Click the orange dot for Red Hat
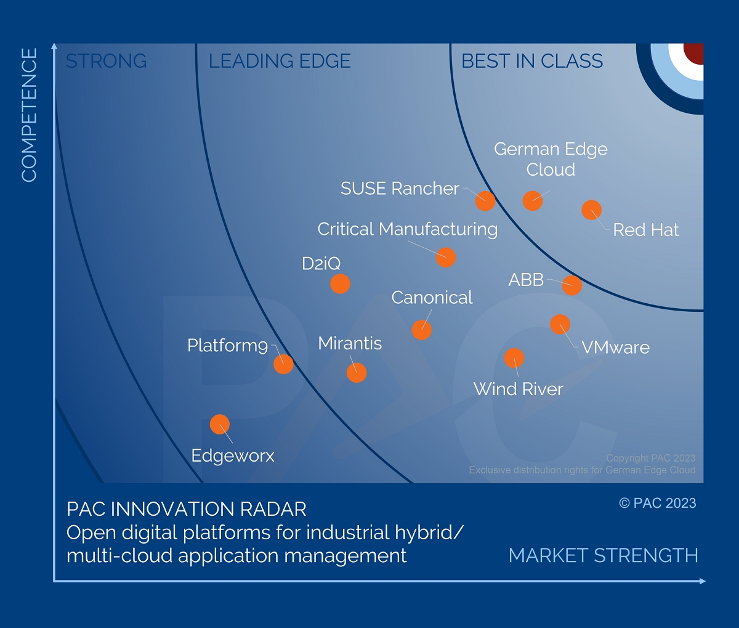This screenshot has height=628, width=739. tap(591, 210)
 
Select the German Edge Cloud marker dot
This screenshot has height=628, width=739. tap(532, 200)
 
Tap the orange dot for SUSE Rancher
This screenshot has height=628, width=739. tap(485, 200)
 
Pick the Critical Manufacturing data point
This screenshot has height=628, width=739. tap(445, 257)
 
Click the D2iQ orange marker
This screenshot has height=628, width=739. tap(340, 283)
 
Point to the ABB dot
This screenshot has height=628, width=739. tap(571, 285)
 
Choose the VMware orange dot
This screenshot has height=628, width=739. tap(560, 324)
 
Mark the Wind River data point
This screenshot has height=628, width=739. tap(514, 358)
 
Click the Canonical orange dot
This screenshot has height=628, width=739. tap(421, 330)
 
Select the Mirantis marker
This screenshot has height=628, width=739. tap(356, 373)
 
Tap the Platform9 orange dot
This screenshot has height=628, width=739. tap(283, 364)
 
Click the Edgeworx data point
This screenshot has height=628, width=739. tap(220, 425)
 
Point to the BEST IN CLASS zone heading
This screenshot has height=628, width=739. tap(532, 61)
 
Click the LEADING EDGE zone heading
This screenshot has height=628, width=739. tap(280, 61)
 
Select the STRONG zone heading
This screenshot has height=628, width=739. tap(106, 61)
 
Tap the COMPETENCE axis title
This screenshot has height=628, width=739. tap(29, 115)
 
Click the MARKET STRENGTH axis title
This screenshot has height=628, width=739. tap(603, 555)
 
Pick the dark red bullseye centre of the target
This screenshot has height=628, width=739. tap(694, 52)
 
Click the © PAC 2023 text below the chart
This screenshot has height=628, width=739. tap(657, 503)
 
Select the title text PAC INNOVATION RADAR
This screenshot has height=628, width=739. tap(186, 509)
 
